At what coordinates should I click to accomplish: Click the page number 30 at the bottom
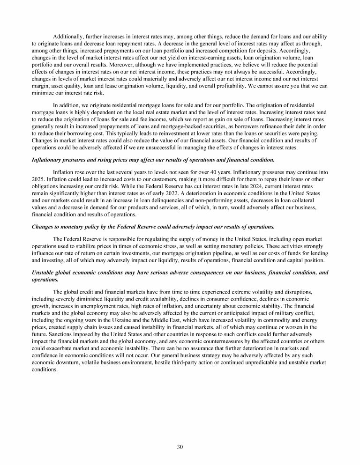pos(180,447)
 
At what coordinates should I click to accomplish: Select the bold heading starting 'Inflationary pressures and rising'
pos(153,160)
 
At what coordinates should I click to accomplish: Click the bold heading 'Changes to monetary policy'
pos(153,227)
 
